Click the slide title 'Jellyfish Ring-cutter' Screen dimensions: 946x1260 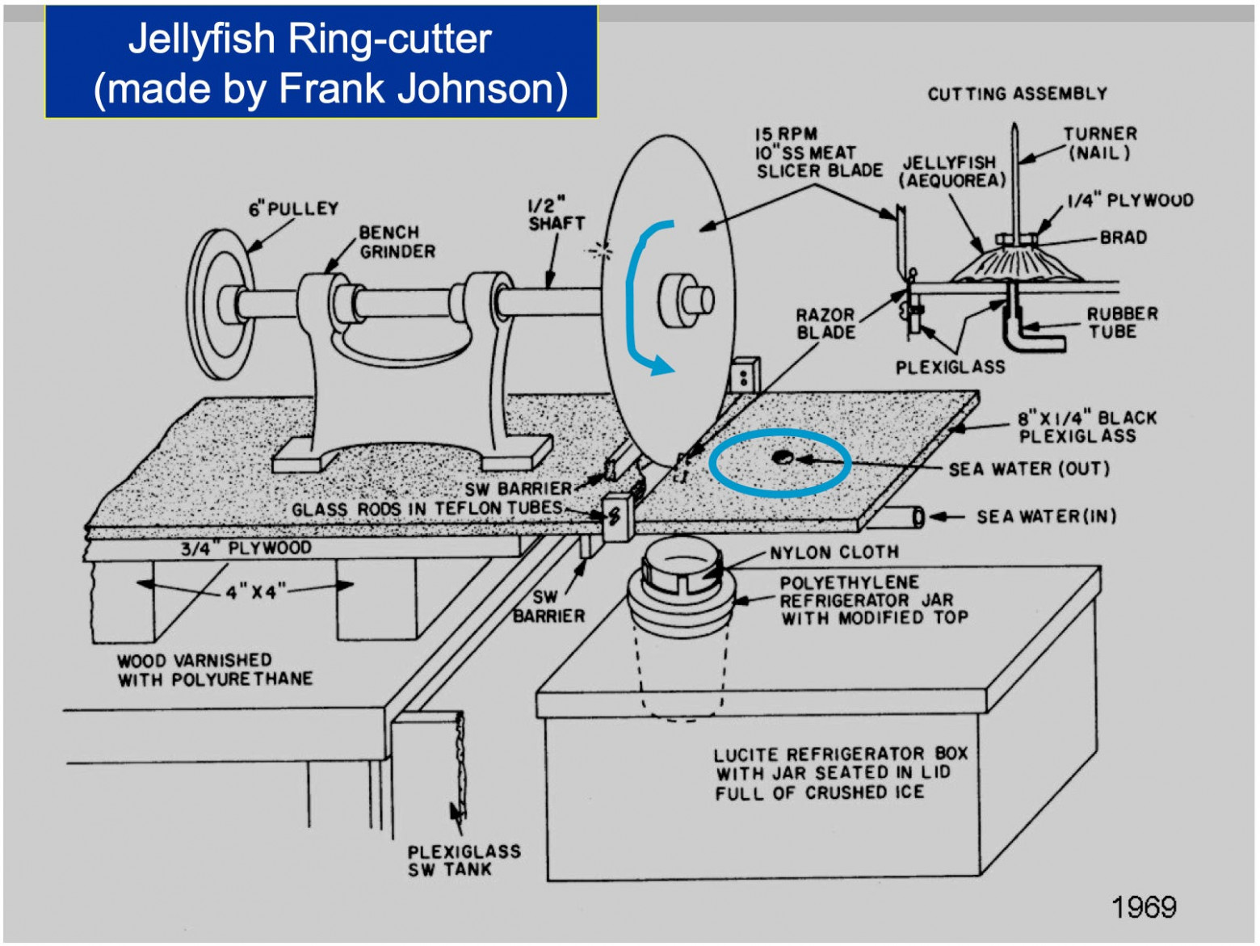click(309, 39)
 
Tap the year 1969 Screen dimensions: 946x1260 click(1144, 906)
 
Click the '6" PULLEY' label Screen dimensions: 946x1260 click(293, 208)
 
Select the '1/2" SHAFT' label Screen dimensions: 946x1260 click(556, 214)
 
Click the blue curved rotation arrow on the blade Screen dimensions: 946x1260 click(638, 299)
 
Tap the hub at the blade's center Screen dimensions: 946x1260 click(686, 300)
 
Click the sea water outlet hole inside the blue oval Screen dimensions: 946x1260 click(781, 458)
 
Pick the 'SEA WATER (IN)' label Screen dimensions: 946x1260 click(1046, 516)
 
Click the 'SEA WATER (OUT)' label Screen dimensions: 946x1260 click(1028, 469)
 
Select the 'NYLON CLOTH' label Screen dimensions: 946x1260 click(834, 553)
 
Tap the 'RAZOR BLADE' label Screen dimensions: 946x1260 click(825, 323)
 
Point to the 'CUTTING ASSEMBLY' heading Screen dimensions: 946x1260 click(1017, 94)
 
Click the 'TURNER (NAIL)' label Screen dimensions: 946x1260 click(1099, 143)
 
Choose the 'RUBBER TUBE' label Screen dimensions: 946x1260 click(1121, 322)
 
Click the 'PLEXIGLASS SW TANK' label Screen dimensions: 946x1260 click(464, 860)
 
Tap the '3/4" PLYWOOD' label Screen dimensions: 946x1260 click(246, 549)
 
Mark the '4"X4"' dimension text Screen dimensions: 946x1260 click(251, 592)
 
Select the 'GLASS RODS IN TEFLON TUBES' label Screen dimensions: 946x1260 click(426, 509)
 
